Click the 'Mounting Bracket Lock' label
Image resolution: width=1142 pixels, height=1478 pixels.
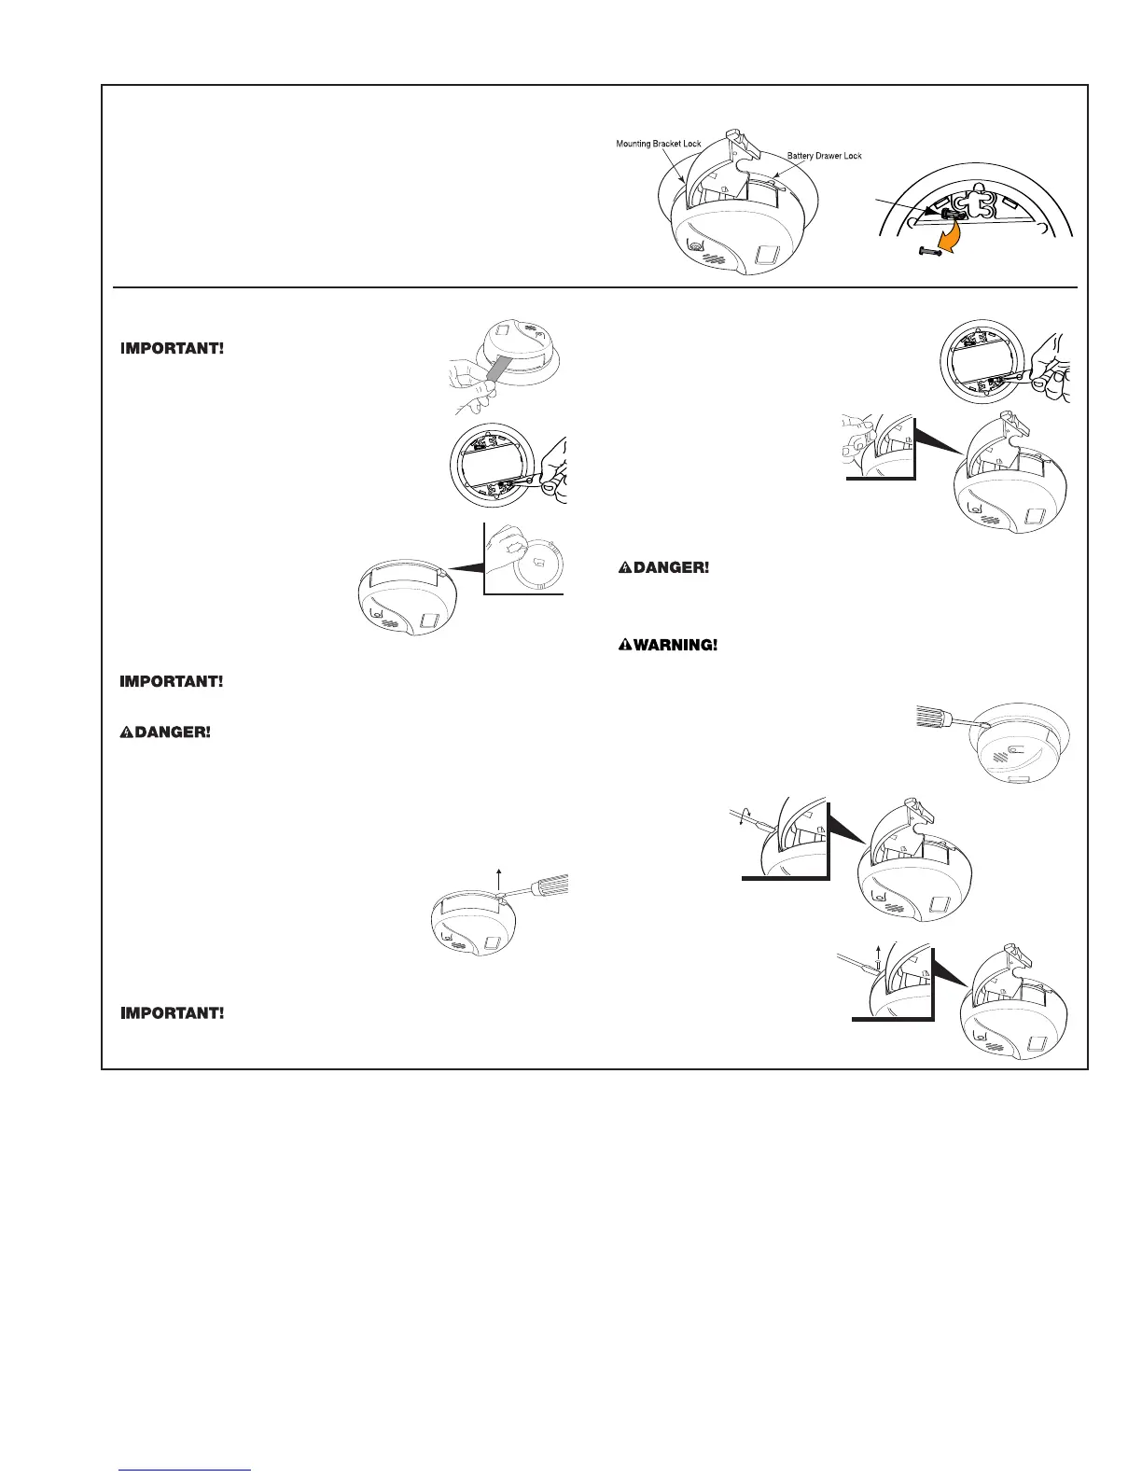pyautogui.click(x=659, y=144)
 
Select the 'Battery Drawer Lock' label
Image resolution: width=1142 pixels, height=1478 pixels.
pyautogui.click(x=825, y=156)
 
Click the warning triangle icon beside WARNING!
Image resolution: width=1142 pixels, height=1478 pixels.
pyautogui.click(x=625, y=646)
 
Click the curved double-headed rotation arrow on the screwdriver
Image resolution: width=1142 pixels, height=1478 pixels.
pyautogui.click(x=739, y=818)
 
